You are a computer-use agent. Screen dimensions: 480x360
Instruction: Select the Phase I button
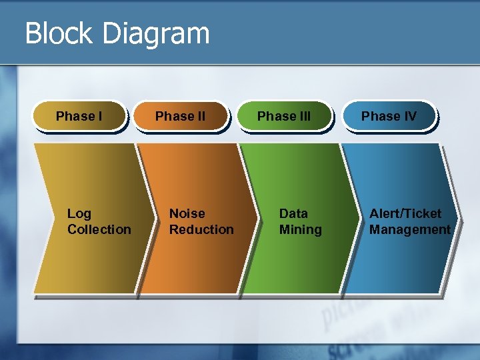pos(79,117)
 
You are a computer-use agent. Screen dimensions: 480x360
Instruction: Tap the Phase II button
pos(180,117)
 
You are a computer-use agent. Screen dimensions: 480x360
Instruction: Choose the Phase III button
pos(284,117)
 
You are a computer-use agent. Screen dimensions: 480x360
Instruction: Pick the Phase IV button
pos(389,117)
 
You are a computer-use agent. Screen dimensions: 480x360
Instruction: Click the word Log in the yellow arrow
pos(79,213)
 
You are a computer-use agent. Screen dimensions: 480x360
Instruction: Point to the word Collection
pos(99,229)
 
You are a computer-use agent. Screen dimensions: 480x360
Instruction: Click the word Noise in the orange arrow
pos(187,213)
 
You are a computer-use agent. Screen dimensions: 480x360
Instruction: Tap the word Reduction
pos(201,229)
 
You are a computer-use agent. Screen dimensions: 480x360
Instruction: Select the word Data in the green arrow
pos(293,213)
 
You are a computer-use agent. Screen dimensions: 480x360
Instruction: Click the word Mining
pos(300,229)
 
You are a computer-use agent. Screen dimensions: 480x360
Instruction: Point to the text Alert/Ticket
pos(405,213)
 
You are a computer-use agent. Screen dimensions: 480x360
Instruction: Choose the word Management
pos(410,229)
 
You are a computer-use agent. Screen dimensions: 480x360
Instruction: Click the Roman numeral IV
pos(409,117)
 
